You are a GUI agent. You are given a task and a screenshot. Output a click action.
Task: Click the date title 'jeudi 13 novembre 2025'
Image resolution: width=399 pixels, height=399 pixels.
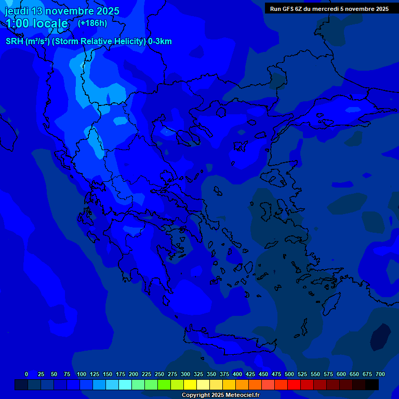(62, 11)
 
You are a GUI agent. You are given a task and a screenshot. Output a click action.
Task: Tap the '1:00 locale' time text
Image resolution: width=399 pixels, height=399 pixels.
(37, 23)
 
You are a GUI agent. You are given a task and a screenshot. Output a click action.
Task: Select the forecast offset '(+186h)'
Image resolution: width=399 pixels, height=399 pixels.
(92, 23)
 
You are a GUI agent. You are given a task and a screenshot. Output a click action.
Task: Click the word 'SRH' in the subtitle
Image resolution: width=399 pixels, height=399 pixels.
(15, 42)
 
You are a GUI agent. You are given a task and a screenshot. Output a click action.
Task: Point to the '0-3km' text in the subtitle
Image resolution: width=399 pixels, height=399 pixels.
(160, 42)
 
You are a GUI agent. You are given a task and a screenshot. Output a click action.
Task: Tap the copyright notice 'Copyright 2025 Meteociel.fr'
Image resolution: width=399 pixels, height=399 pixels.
(220, 395)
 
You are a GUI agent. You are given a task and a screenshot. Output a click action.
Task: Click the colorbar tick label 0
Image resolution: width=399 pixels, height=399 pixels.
(26, 374)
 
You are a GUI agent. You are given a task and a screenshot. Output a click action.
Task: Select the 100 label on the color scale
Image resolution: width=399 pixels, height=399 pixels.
(82, 374)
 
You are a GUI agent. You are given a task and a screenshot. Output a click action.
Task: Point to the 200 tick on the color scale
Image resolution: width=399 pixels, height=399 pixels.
(134, 374)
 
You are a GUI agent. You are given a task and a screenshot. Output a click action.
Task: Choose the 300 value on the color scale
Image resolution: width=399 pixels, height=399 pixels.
(185, 374)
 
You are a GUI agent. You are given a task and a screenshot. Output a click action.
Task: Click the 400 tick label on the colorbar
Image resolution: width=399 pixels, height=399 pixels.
(237, 374)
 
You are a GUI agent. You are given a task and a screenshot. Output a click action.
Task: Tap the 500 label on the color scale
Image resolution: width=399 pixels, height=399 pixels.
(289, 374)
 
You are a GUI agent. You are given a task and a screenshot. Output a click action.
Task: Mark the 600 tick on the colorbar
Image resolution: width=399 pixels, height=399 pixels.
(341, 374)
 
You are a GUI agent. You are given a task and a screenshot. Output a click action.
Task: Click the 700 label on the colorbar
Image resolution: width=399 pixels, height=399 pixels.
(380, 374)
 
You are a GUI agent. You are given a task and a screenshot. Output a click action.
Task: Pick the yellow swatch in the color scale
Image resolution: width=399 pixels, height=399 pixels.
(190, 385)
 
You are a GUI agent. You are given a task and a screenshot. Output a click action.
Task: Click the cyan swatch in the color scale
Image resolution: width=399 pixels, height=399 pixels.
(125, 385)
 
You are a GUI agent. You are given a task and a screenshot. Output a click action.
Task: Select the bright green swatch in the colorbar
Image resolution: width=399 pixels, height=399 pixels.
(164, 385)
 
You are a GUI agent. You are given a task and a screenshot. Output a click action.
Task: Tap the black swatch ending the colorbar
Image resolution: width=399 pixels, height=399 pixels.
(372, 385)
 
